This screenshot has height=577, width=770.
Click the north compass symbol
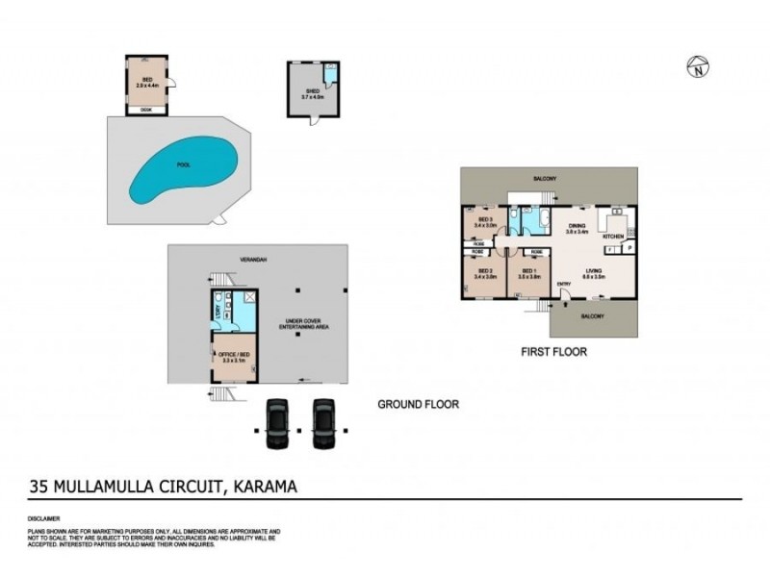(x=699, y=66)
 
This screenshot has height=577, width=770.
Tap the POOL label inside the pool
(x=183, y=164)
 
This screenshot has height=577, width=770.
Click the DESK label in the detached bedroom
(x=146, y=110)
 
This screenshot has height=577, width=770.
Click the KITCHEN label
(x=614, y=236)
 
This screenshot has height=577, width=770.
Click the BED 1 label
(x=527, y=272)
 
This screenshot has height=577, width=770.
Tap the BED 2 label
(x=485, y=272)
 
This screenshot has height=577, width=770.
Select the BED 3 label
(x=485, y=220)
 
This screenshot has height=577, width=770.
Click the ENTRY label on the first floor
(x=563, y=284)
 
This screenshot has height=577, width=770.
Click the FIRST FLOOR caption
(x=553, y=352)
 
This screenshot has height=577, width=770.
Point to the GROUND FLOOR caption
(x=418, y=405)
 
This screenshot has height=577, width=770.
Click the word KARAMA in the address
(x=262, y=487)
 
